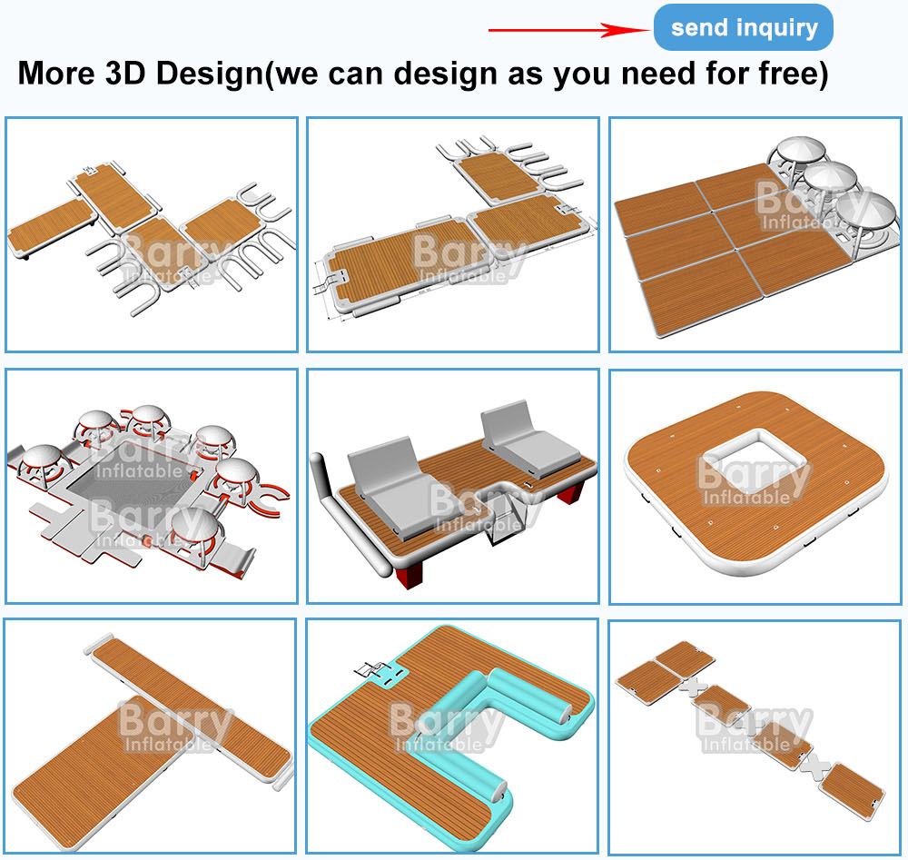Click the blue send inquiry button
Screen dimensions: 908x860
[x=743, y=27]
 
